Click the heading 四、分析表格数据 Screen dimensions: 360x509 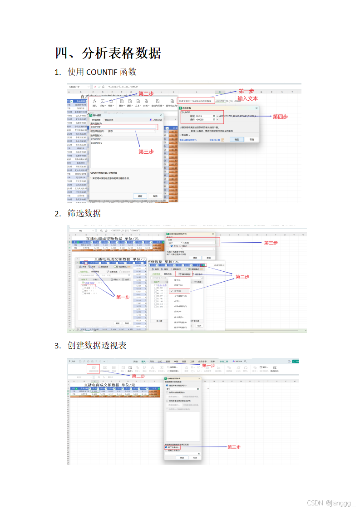[108, 53]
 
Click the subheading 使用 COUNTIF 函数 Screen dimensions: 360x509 [102, 72]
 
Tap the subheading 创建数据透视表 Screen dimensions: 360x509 [97, 345]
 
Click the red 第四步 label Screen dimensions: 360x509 [280, 117]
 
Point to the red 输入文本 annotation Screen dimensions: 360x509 [247, 98]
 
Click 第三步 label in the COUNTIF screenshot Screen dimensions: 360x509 [146, 152]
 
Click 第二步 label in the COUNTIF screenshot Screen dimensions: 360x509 [146, 93]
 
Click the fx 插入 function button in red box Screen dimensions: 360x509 [94, 103]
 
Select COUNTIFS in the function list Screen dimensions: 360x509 [96, 143]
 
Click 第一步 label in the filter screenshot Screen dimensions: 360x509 [123, 297]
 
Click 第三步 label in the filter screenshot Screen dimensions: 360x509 [271, 243]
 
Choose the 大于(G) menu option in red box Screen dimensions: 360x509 [178, 291]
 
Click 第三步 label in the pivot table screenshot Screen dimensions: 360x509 [234, 447]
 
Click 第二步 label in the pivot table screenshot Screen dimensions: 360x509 [138, 376]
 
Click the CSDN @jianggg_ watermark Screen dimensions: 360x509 [331, 503]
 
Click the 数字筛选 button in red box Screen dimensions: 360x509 [185, 274]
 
